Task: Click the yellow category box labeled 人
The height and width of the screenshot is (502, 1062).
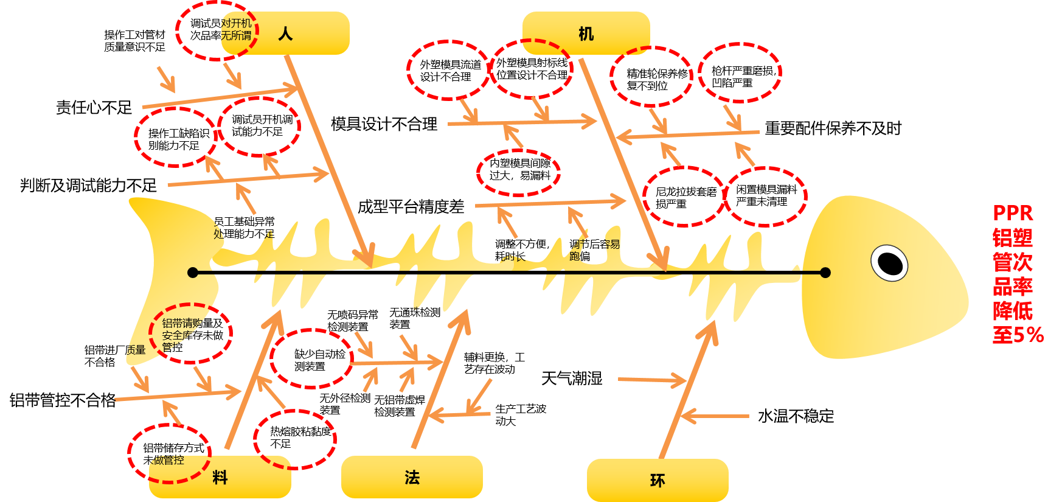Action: (285, 33)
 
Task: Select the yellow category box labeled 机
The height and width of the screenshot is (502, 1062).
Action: (586, 33)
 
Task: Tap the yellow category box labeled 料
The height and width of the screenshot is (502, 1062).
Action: (220, 477)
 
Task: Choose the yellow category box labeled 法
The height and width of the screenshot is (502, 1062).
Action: (412, 477)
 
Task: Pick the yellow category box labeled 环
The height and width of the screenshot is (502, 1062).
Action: (658, 480)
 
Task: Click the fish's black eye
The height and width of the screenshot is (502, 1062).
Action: (890, 263)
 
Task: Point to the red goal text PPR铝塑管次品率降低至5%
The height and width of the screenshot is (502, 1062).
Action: (1017, 274)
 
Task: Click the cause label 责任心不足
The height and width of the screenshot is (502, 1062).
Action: (94, 108)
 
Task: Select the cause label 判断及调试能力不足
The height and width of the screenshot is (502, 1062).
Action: (89, 185)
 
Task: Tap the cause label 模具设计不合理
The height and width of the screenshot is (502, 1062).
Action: (384, 124)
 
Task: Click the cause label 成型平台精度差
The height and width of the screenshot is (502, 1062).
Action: (411, 207)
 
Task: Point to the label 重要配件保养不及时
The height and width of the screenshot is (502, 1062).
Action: (833, 128)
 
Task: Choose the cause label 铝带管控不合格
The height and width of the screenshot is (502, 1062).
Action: (63, 400)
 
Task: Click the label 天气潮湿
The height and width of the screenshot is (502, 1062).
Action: (572, 378)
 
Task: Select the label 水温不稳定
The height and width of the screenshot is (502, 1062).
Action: (796, 416)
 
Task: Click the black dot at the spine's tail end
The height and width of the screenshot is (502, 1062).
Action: (193, 273)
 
